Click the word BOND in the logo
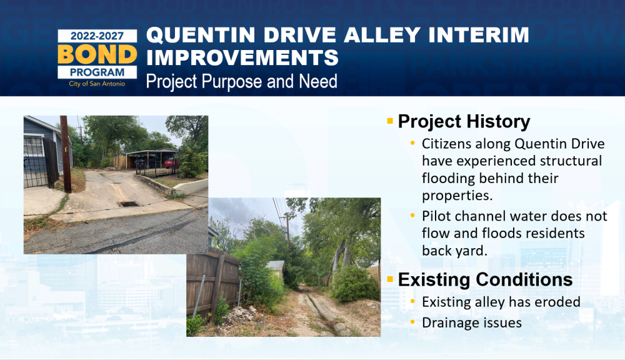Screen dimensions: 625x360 pyautogui.click(x=97, y=54)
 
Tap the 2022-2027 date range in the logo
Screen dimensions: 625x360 pyautogui.click(x=97, y=36)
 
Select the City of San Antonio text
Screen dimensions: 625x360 pyautogui.click(x=97, y=84)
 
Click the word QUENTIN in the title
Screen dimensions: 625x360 pyautogui.click(x=201, y=35)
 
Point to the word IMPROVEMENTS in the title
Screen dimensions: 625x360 pyautogui.click(x=242, y=57)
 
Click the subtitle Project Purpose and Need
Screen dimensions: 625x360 pyautogui.click(x=241, y=81)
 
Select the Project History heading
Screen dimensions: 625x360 pyautogui.click(x=464, y=122)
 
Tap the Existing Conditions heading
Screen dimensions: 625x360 pyautogui.click(x=485, y=279)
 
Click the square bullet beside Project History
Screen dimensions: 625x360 pyautogui.click(x=390, y=121)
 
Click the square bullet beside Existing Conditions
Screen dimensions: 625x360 pyautogui.click(x=390, y=279)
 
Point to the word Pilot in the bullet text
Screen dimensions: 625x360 pyautogui.click(x=437, y=216)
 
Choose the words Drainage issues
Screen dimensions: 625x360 pyautogui.click(x=471, y=322)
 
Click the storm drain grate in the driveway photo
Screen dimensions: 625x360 pyautogui.click(x=129, y=204)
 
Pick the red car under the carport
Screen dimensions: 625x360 pyautogui.click(x=171, y=162)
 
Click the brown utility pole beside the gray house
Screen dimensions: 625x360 pyautogui.click(x=66, y=154)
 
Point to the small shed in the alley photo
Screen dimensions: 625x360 pyautogui.click(x=276, y=269)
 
